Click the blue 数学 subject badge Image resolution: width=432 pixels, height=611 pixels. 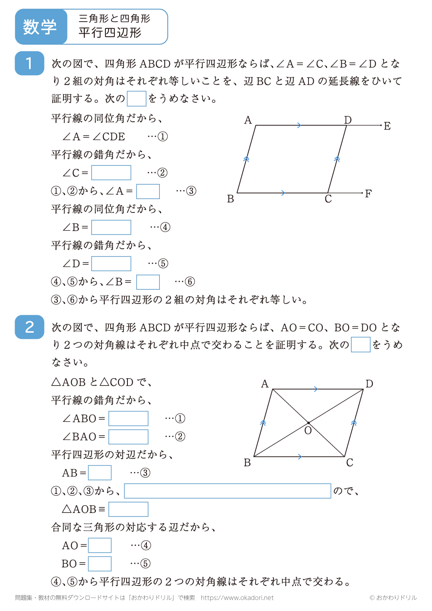40,27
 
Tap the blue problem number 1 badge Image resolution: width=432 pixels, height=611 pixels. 29,63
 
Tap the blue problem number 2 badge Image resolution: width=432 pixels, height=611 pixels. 29,327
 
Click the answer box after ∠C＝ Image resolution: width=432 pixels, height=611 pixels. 111,173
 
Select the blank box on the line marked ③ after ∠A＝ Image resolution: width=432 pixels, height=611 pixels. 148,191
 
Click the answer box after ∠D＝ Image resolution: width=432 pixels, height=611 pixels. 111,263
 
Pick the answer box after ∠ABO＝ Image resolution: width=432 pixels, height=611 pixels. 128,418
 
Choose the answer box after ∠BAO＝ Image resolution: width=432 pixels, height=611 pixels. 128,437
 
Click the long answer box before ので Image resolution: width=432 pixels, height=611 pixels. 228,491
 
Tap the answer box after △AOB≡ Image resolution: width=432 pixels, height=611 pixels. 128,509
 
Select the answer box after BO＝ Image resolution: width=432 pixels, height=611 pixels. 100,564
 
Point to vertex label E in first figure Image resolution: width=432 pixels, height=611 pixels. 387,126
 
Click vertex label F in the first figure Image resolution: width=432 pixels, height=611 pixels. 368,194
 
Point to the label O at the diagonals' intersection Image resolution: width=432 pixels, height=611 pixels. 308,431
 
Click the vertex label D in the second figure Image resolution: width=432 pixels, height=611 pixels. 369,384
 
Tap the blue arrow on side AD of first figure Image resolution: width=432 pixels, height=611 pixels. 299,125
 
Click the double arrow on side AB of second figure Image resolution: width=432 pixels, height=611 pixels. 263,423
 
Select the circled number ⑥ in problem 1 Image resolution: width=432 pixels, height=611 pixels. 190,282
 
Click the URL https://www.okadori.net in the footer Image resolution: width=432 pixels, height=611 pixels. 237,598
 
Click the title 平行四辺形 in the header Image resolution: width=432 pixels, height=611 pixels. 110,33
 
